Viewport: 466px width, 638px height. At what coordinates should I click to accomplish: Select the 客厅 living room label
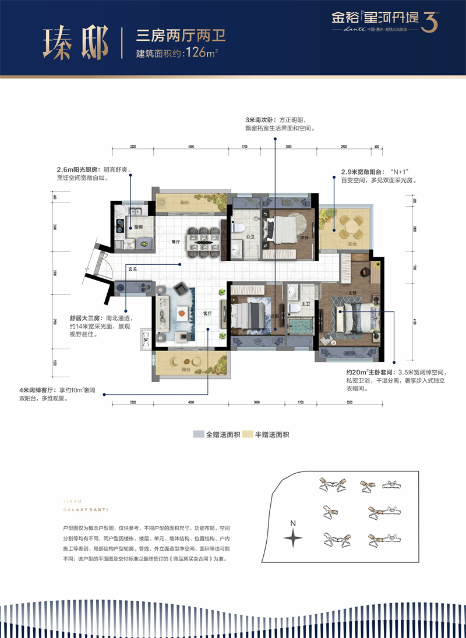[207, 313]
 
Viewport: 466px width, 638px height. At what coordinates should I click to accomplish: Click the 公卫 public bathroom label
[250, 237]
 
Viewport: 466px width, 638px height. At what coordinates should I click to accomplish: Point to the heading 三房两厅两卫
[180, 36]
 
